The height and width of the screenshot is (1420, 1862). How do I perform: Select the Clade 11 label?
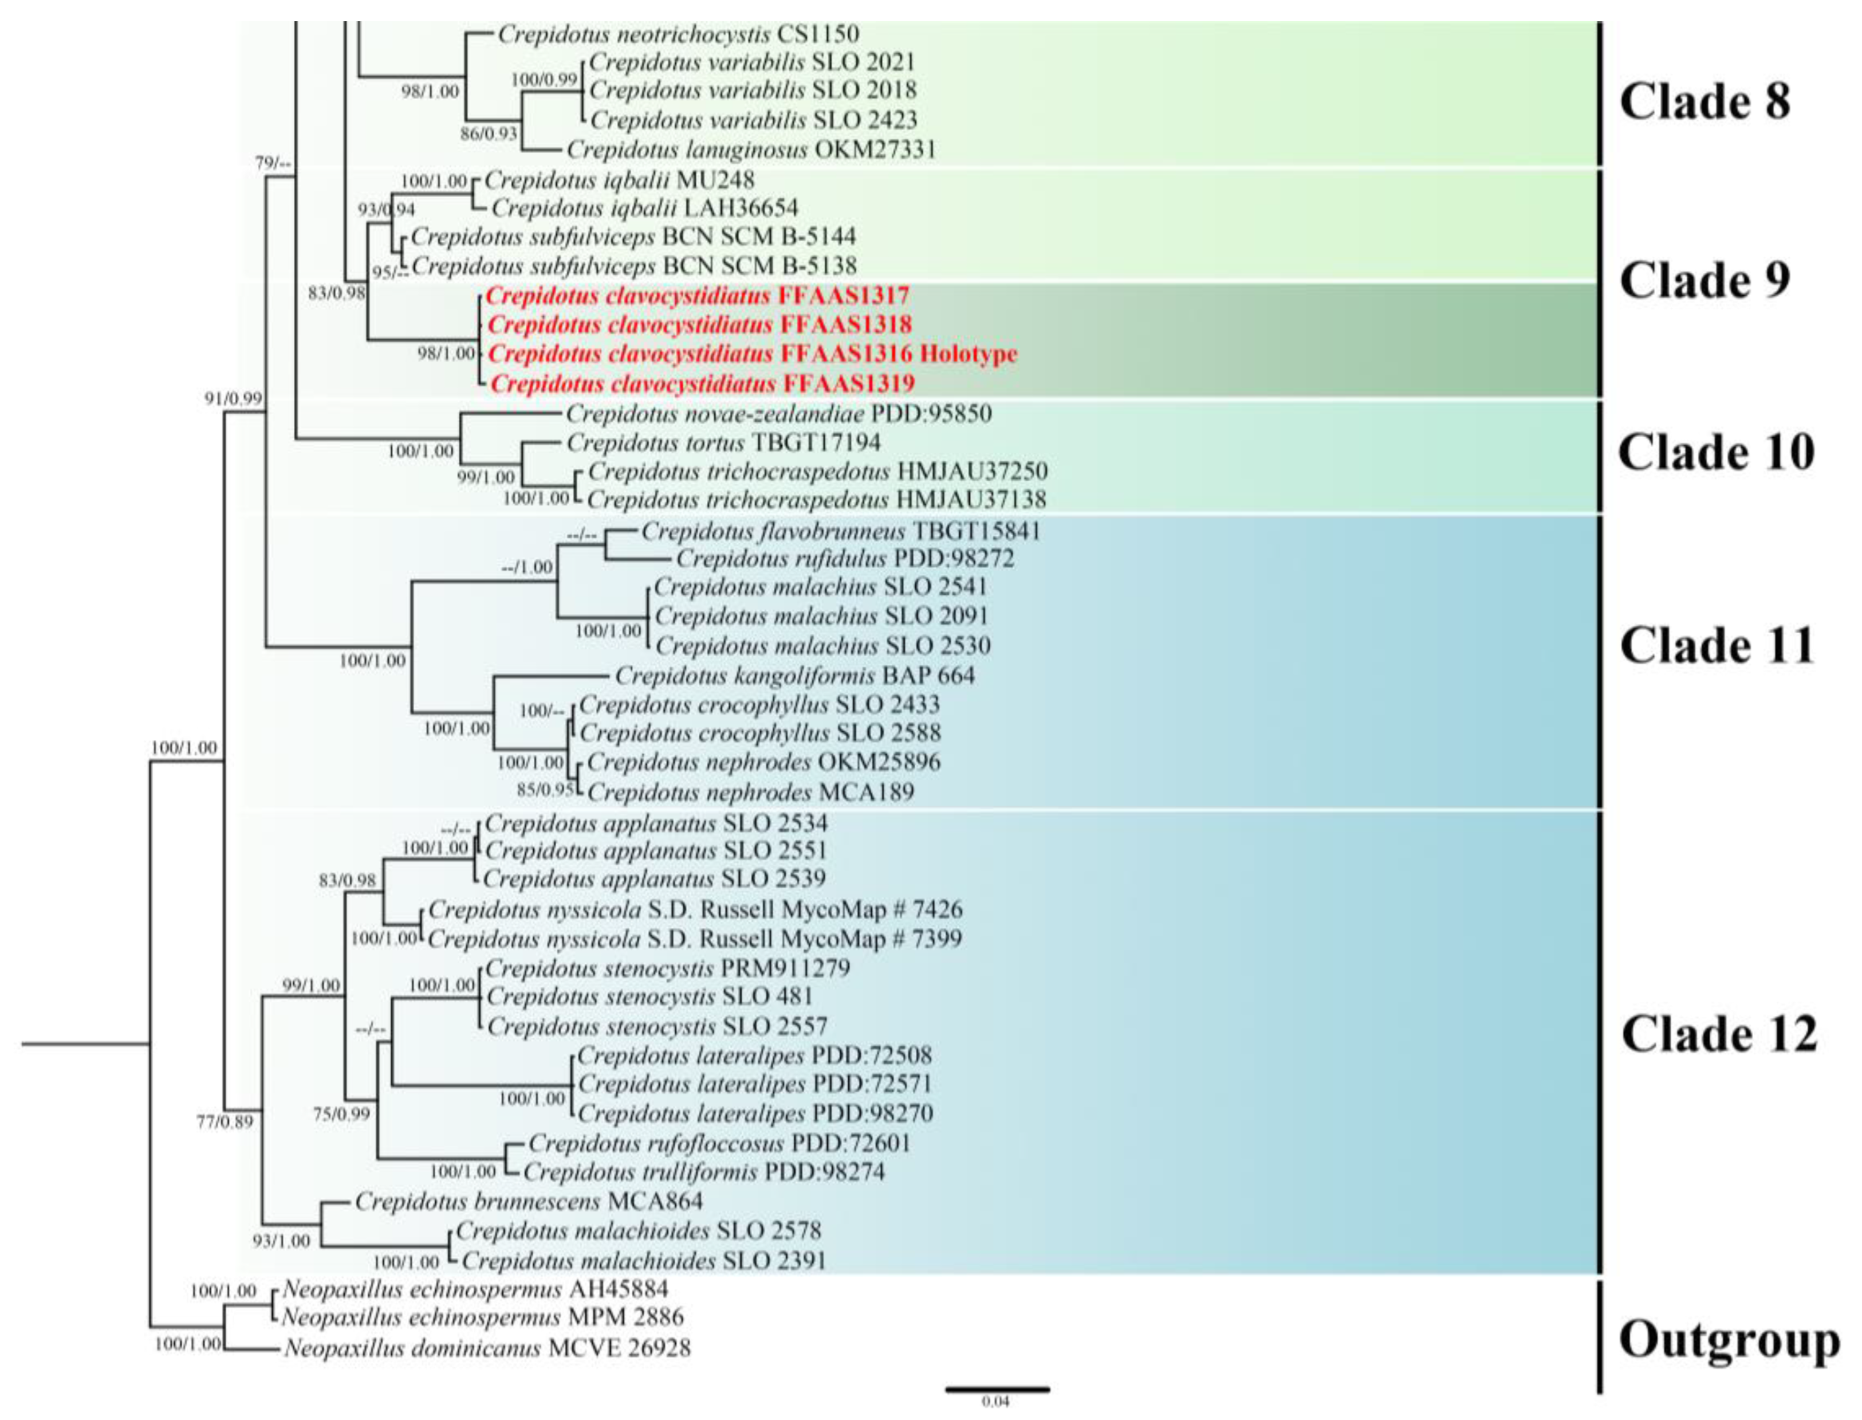(x=1717, y=646)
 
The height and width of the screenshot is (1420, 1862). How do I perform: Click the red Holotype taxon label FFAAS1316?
(x=752, y=354)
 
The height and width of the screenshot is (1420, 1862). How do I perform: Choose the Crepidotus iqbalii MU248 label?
(x=619, y=180)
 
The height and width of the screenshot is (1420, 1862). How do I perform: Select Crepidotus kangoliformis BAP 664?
(x=794, y=676)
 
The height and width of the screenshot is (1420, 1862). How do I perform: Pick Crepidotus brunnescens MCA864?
(x=528, y=1201)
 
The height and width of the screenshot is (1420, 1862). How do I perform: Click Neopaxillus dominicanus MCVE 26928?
(x=487, y=1348)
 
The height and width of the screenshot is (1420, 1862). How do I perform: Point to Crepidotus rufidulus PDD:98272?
(x=845, y=559)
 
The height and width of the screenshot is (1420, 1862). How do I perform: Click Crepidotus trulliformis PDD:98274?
(x=704, y=1172)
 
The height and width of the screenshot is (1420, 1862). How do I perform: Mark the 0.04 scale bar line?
(x=997, y=1388)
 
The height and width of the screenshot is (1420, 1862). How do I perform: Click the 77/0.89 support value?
(x=225, y=1123)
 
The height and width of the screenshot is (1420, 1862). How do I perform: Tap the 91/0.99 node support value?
(x=233, y=398)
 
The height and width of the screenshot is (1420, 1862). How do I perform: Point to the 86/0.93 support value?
(x=489, y=133)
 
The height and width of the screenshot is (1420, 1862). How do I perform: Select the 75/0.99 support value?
(x=341, y=1114)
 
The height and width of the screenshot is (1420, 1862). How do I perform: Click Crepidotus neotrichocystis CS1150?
(x=678, y=34)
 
